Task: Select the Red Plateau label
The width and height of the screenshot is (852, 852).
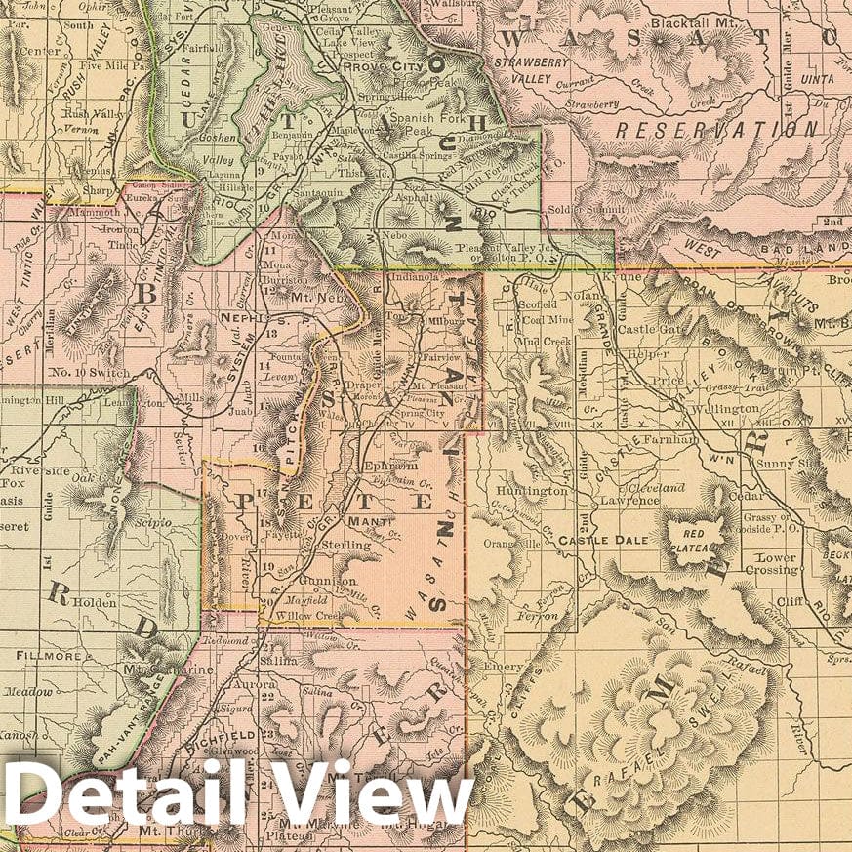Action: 694,540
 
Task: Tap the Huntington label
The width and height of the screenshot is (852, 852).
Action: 531,491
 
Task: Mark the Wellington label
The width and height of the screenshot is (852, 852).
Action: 723,410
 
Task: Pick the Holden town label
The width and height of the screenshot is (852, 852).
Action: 93,602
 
